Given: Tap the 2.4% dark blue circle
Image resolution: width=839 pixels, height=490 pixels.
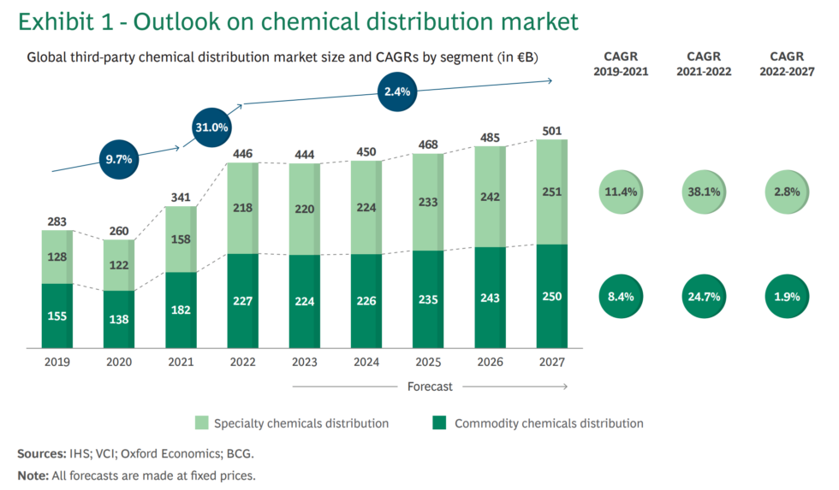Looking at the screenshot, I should [398, 92].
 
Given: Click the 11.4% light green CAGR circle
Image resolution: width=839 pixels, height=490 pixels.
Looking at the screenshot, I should [621, 192].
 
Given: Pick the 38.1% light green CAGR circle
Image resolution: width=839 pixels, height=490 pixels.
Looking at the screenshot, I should [703, 192].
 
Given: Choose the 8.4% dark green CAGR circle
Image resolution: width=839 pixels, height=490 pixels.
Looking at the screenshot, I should [621, 296].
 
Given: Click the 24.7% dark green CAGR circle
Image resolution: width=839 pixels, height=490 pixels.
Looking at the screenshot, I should [703, 296].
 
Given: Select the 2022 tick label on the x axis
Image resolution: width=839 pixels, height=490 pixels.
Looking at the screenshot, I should [243, 362].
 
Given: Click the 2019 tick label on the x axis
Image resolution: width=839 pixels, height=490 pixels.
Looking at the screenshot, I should [57, 362].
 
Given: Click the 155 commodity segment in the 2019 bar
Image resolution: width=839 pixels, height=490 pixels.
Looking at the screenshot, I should [57, 316].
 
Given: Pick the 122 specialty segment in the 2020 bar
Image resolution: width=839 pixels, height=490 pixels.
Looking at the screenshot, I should [119, 265].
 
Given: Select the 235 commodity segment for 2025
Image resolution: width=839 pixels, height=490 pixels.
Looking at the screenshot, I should [429, 299].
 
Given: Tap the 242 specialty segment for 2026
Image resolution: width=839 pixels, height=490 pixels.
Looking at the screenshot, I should [491, 196].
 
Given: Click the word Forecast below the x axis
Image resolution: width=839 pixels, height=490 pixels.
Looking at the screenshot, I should [430, 387].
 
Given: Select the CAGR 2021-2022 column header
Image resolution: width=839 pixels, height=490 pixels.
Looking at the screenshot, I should [703, 64].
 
